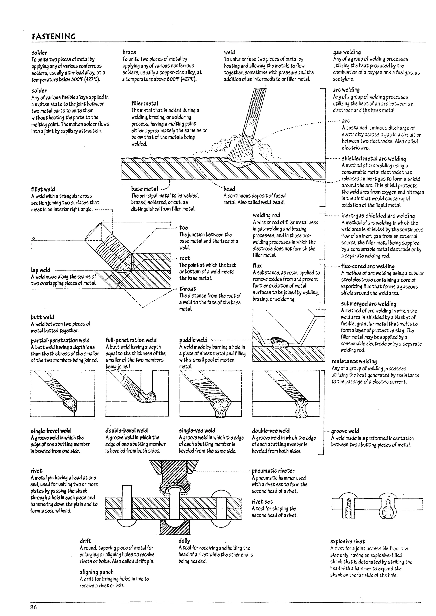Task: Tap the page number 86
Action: click(34, 607)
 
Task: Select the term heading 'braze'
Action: click(129, 52)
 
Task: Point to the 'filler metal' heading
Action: click(145, 103)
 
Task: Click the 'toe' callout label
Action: click(184, 228)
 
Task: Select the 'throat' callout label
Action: click(187, 289)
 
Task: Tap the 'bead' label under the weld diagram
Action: click(229, 189)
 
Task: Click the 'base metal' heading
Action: click(144, 189)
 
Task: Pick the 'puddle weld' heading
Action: click(193, 340)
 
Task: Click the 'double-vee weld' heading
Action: click(271, 431)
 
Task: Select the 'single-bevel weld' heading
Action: click(51, 431)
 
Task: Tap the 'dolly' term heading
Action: click(184, 541)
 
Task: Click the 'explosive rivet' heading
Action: click(347, 541)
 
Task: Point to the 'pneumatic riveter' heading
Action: click(273, 471)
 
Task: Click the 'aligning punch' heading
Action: click(96, 572)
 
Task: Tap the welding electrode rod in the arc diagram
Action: click(254, 113)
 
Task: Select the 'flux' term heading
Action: click(257, 266)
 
